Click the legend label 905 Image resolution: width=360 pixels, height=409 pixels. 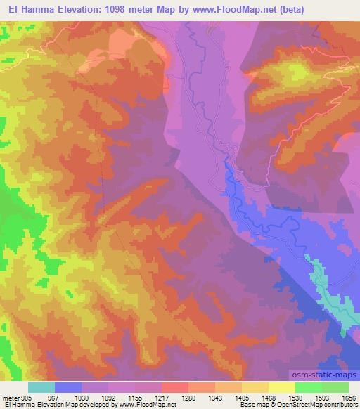point(27,398)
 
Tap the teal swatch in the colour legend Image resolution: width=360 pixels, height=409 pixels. point(41,387)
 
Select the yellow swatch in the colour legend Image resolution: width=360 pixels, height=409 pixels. point(281,387)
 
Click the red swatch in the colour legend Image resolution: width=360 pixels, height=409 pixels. point(174,387)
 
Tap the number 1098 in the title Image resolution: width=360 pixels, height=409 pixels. point(115,10)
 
